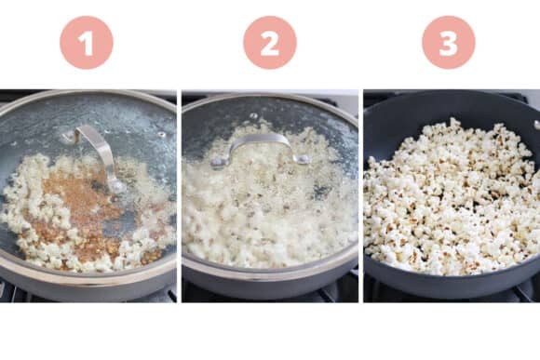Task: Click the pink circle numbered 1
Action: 87,43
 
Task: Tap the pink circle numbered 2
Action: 270,43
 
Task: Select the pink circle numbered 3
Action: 449,43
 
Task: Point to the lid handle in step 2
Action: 261,142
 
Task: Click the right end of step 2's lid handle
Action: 303,159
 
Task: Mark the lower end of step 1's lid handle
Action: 116,186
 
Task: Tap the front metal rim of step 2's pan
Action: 270,276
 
